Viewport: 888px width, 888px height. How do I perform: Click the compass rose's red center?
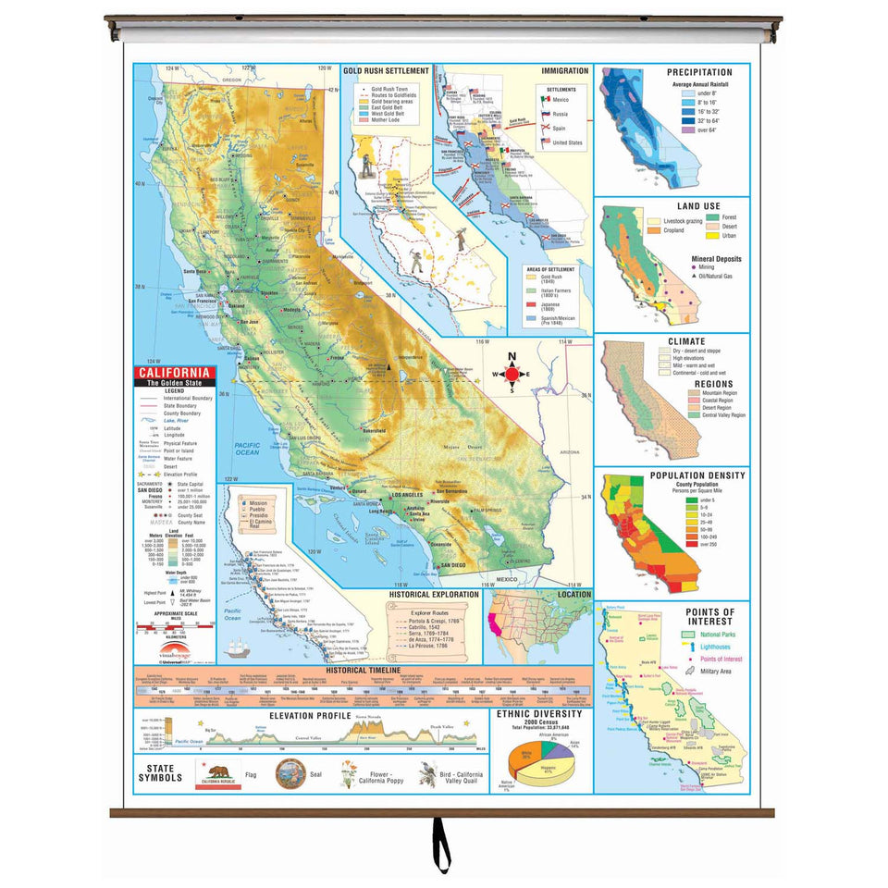click(516, 374)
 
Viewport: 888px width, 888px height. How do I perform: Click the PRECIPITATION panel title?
click(699, 72)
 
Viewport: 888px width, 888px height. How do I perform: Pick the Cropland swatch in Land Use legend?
click(654, 230)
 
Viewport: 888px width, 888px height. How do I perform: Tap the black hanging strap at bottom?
click(442, 846)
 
